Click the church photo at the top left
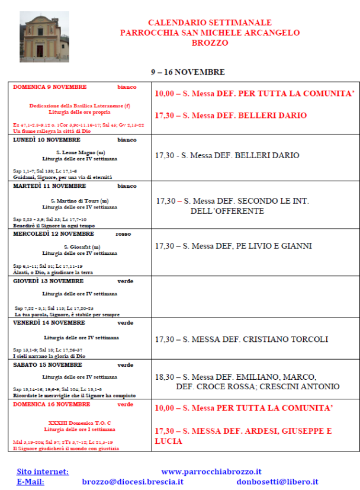tap(44, 36)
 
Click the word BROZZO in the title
tap(210, 43)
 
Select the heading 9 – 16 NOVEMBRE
tap(187, 72)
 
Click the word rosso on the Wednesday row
tap(123, 234)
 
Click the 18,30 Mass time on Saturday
tap(165, 377)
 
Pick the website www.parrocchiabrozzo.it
tap(211, 472)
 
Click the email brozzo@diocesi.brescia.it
tap(133, 482)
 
